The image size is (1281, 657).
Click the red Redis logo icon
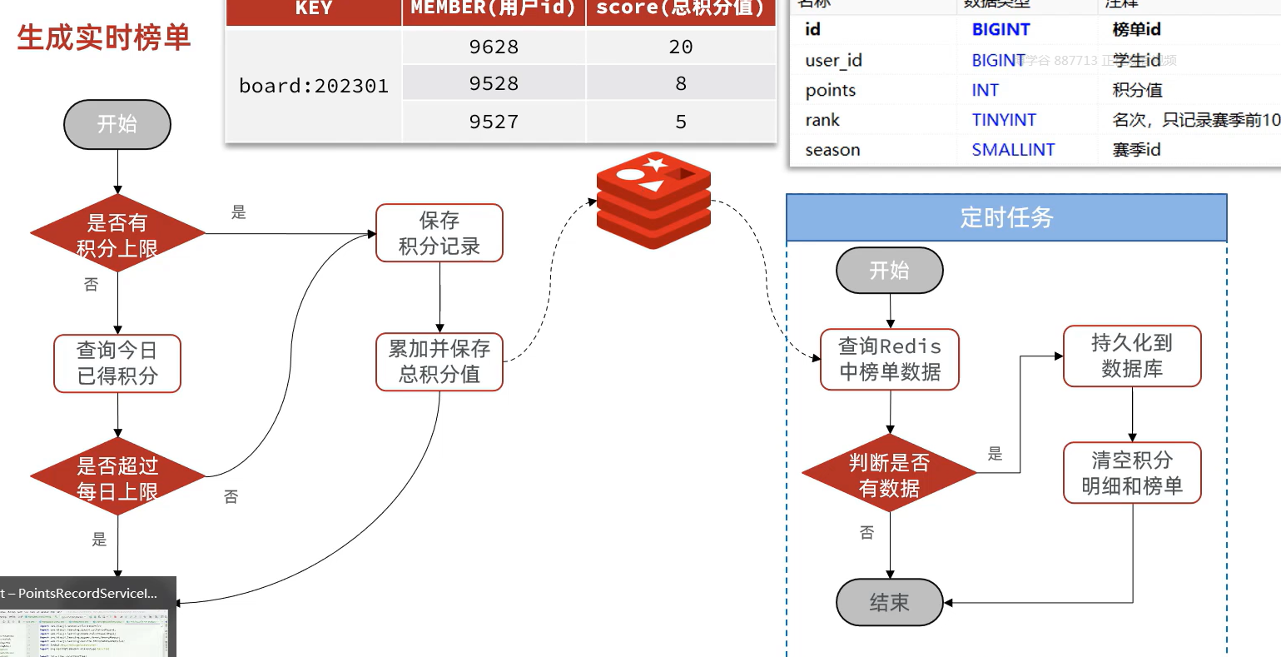[x=653, y=201]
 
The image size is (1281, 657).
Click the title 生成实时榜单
[x=104, y=38]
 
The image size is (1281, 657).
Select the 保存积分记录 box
[x=439, y=233]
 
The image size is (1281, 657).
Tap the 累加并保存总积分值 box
[x=439, y=361]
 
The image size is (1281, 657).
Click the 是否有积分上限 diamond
[x=117, y=235]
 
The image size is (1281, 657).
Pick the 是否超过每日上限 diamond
[x=117, y=478]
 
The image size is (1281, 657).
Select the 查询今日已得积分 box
[x=117, y=363]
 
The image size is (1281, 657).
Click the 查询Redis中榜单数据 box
[x=890, y=360]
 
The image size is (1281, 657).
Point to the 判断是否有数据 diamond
[x=889, y=475]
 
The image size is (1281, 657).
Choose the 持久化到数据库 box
[x=1132, y=356]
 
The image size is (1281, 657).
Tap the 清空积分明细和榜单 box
[x=1132, y=473]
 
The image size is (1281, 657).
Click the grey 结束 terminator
[x=889, y=602]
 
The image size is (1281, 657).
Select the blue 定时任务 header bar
[x=1006, y=218]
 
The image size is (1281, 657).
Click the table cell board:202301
[x=314, y=86]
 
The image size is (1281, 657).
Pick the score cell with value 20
[x=681, y=47]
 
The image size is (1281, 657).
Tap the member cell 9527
[x=494, y=122]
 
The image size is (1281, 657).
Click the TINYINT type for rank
[x=1004, y=120]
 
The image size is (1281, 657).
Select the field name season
[x=832, y=150]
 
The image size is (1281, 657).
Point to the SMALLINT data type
[x=1013, y=150]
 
